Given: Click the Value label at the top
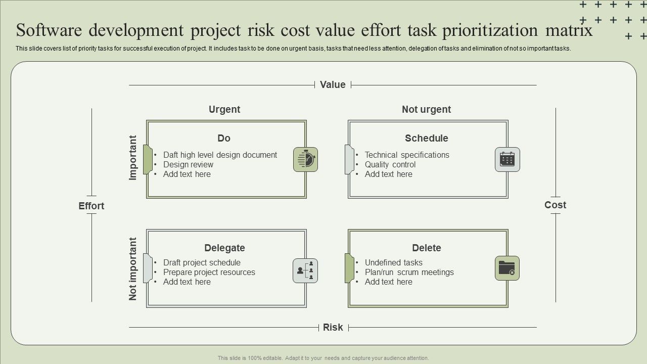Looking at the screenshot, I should [x=333, y=85].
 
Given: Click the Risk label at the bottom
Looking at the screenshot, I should [x=333, y=328].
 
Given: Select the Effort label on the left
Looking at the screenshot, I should [x=91, y=206].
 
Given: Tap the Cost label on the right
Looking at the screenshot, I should [x=555, y=205].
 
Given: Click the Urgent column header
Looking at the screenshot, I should [x=224, y=109].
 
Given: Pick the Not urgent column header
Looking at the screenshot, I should [x=426, y=109].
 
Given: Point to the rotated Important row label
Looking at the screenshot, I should [x=133, y=158].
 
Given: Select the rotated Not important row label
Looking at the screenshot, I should [x=133, y=269].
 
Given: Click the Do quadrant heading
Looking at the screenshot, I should [x=224, y=138].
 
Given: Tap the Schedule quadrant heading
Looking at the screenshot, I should [x=426, y=138].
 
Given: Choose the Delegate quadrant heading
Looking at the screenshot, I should [x=224, y=248].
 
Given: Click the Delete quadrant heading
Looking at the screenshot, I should [x=426, y=248].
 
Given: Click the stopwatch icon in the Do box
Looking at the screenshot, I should [x=305, y=159].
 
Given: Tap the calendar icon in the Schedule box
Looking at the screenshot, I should [x=507, y=159].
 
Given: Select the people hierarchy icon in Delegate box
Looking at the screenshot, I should [x=305, y=270].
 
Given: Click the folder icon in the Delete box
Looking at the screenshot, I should [x=507, y=268].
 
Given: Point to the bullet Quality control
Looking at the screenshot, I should [x=390, y=164].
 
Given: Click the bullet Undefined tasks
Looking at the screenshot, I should [x=393, y=262].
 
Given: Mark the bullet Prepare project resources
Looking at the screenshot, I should [x=209, y=272].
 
